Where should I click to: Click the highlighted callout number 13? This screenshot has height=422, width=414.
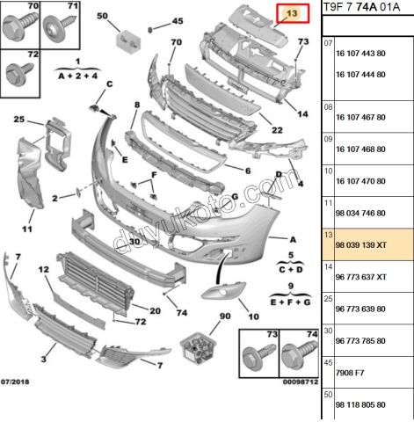pyautogui.click(x=292, y=13)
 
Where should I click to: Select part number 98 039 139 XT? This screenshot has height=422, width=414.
pyautogui.click(x=361, y=245)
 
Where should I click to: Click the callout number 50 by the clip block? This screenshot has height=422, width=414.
pyautogui.click(x=102, y=16)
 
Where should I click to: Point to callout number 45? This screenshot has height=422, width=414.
pyautogui.click(x=178, y=21)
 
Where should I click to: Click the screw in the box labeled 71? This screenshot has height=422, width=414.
pyautogui.click(x=60, y=28)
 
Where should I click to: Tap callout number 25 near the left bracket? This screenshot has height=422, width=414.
pyautogui.click(x=19, y=120)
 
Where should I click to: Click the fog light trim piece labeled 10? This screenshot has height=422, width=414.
pyautogui.click(x=223, y=291)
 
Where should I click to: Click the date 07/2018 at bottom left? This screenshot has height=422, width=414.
pyautogui.click(x=15, y=382)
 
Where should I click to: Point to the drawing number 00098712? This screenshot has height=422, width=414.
pyautogui.click(x=301, y=382)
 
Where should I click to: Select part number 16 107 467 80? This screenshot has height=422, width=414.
pyautogui.click(x=360, y=117)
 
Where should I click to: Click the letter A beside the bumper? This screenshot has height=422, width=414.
pyautogui.click(x=293, y=240)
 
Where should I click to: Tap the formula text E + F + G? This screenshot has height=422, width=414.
pyautogui.click(x=290, y=302)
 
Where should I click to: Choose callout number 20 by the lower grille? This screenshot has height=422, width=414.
pyautogui.click(x=155, y=310)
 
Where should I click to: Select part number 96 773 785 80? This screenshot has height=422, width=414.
pyautogui.click(x=360, y=341)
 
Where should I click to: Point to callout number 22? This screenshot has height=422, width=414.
pyautogui.click(x=277, y=130)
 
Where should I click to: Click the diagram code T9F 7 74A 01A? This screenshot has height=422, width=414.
pyautogui.click(x=361, y=7)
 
